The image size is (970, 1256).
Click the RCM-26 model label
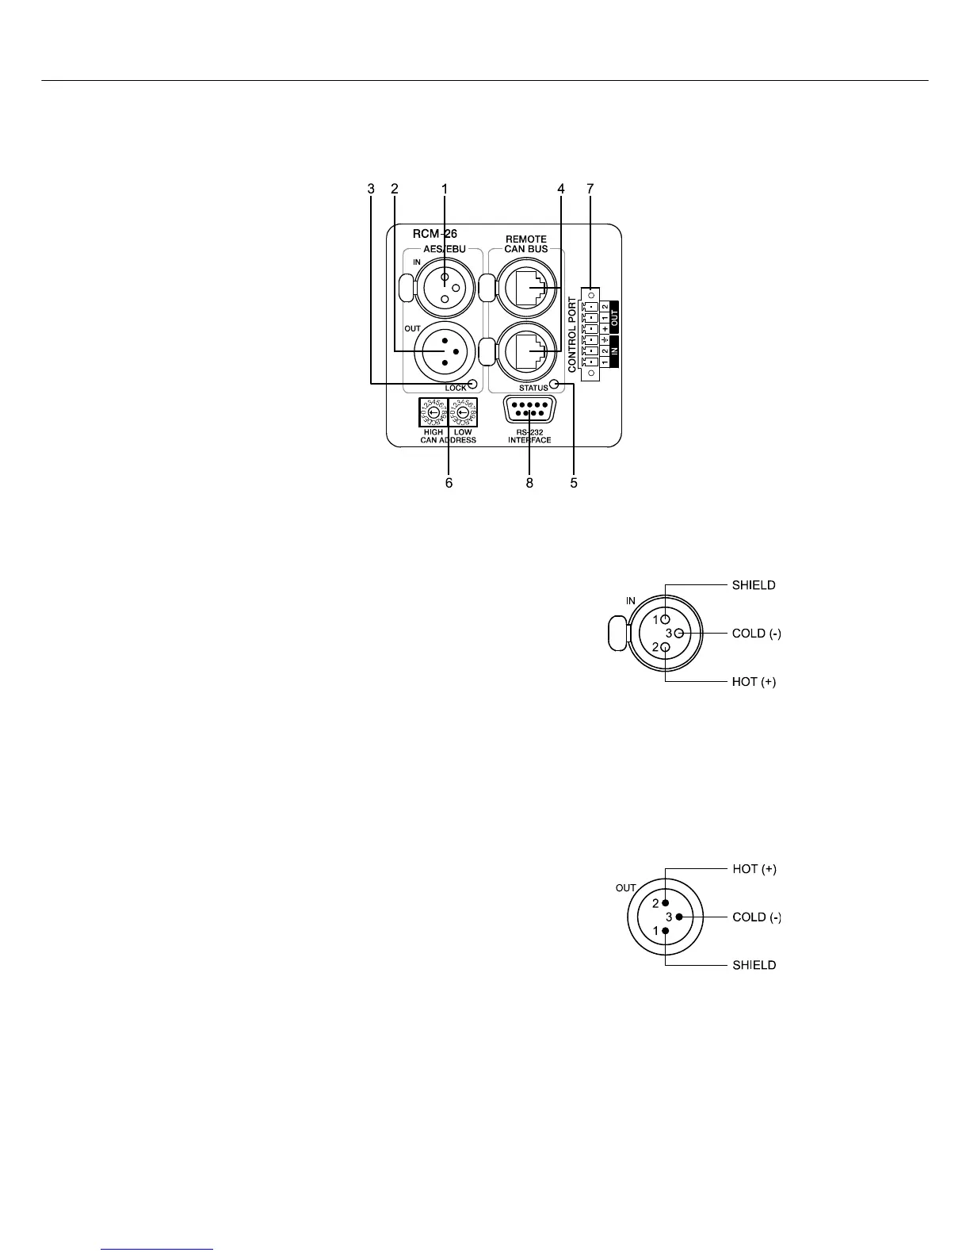coord(434,234)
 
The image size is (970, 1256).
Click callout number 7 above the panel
coord(590,189)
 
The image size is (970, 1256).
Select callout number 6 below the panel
coord(449,482)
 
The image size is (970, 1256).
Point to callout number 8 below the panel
coord(529,482)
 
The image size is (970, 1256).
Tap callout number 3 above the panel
coord(371,189)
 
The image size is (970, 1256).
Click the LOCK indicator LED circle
coord(473,385)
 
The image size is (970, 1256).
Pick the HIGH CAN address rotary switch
coord(433,412)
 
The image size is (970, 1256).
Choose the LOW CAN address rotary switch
coord(463,412)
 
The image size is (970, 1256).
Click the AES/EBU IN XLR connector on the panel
coord(444,287)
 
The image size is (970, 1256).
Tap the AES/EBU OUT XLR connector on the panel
coord(444,351)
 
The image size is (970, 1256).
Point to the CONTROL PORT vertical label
coord(572,335)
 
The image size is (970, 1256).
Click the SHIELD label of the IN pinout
coord(753,585)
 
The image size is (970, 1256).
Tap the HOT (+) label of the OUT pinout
coord(754,869)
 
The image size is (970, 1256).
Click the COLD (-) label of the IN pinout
coord(756,634)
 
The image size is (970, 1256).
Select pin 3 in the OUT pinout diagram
coord(679,917)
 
